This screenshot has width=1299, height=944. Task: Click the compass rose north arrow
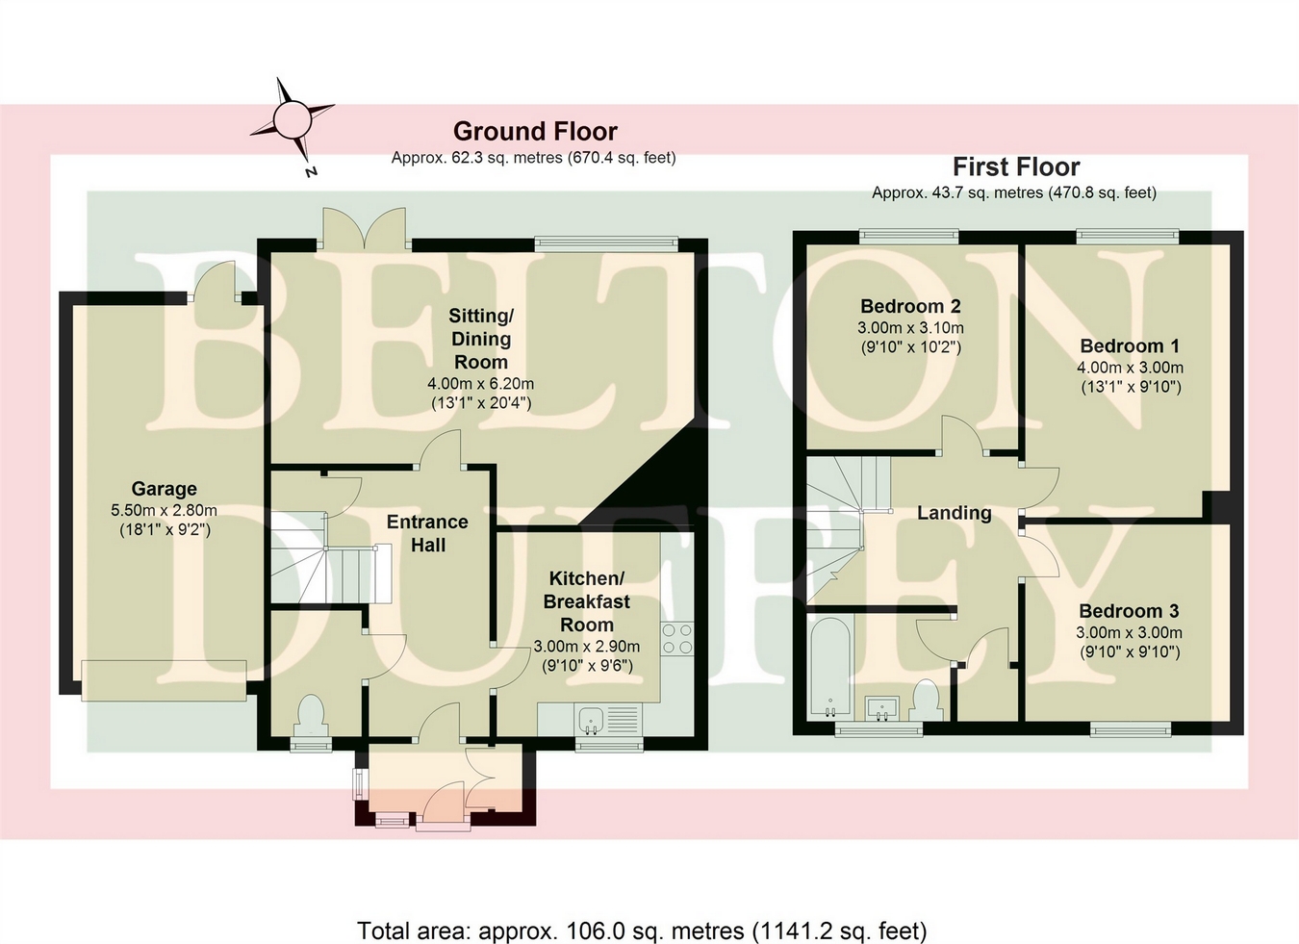click(293, 120)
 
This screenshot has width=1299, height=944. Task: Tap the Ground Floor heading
click(535, 131)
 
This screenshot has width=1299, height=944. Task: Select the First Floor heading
click(1016, 166)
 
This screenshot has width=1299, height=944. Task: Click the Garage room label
click(165, 489)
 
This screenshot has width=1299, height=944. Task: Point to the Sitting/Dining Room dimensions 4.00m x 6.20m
click(480, 383)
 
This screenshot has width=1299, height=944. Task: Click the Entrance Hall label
click(427, 533)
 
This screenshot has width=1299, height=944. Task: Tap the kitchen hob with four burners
click(677, 638)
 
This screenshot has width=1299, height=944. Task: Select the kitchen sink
click(590, 717)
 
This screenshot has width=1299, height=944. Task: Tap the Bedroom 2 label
click(910, 306)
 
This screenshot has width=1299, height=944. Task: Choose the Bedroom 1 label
click(1130, 345)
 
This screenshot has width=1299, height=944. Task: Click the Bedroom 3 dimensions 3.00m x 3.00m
click(1129, 632)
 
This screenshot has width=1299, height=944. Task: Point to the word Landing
click(954, 513)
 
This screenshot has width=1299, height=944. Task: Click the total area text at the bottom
click(642, 931)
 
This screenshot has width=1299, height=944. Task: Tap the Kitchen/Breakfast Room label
click(586, 601)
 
